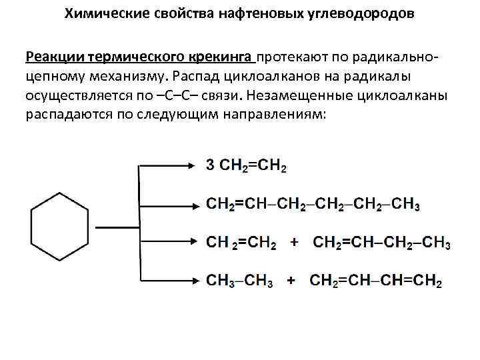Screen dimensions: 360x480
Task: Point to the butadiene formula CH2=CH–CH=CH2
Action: pos(376,281)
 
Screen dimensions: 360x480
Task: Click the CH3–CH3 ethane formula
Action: pos(239,281)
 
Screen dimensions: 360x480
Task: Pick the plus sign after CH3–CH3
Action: pos(291,281)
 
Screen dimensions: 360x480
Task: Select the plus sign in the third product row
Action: pos(294,243)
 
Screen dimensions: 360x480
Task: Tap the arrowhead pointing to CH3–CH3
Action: pos(192,279)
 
